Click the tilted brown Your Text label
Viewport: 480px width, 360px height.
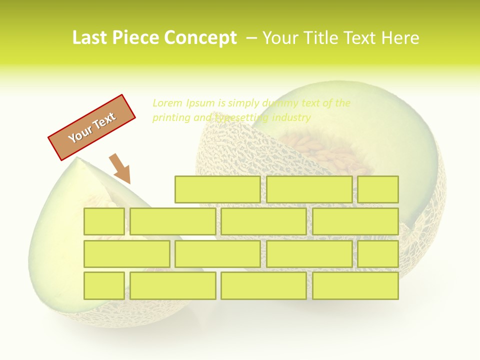(92, 127)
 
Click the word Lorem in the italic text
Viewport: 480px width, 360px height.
(167, 103)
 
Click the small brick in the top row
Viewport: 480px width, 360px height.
(378, 189)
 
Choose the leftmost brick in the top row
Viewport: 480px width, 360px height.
(217, 189)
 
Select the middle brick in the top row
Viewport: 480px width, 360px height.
(309, 189)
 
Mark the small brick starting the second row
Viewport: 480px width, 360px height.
(104, 221)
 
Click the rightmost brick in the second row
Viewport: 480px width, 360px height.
(355, 221)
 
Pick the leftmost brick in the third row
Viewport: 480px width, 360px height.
(126, 253)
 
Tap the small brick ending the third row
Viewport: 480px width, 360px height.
(378, 253)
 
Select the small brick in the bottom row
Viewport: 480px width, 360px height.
(104, 285)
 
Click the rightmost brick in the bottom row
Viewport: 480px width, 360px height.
(355, 285)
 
